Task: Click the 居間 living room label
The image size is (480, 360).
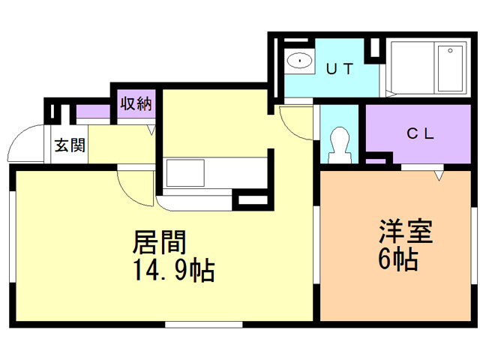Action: tap(159, 242)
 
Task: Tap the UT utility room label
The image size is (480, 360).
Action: tap(340, 67)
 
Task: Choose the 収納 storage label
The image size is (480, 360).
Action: tap(136, 103)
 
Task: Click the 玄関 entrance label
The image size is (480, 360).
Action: tap(69, 145)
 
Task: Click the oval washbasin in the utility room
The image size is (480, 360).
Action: tap(300, 59)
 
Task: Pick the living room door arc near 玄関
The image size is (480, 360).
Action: tap(135, 187)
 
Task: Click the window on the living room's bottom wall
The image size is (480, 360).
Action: tap(203, 324)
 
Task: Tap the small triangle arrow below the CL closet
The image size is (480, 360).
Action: tap(439, 175)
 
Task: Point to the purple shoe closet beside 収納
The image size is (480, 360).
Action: tap(93, 113)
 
